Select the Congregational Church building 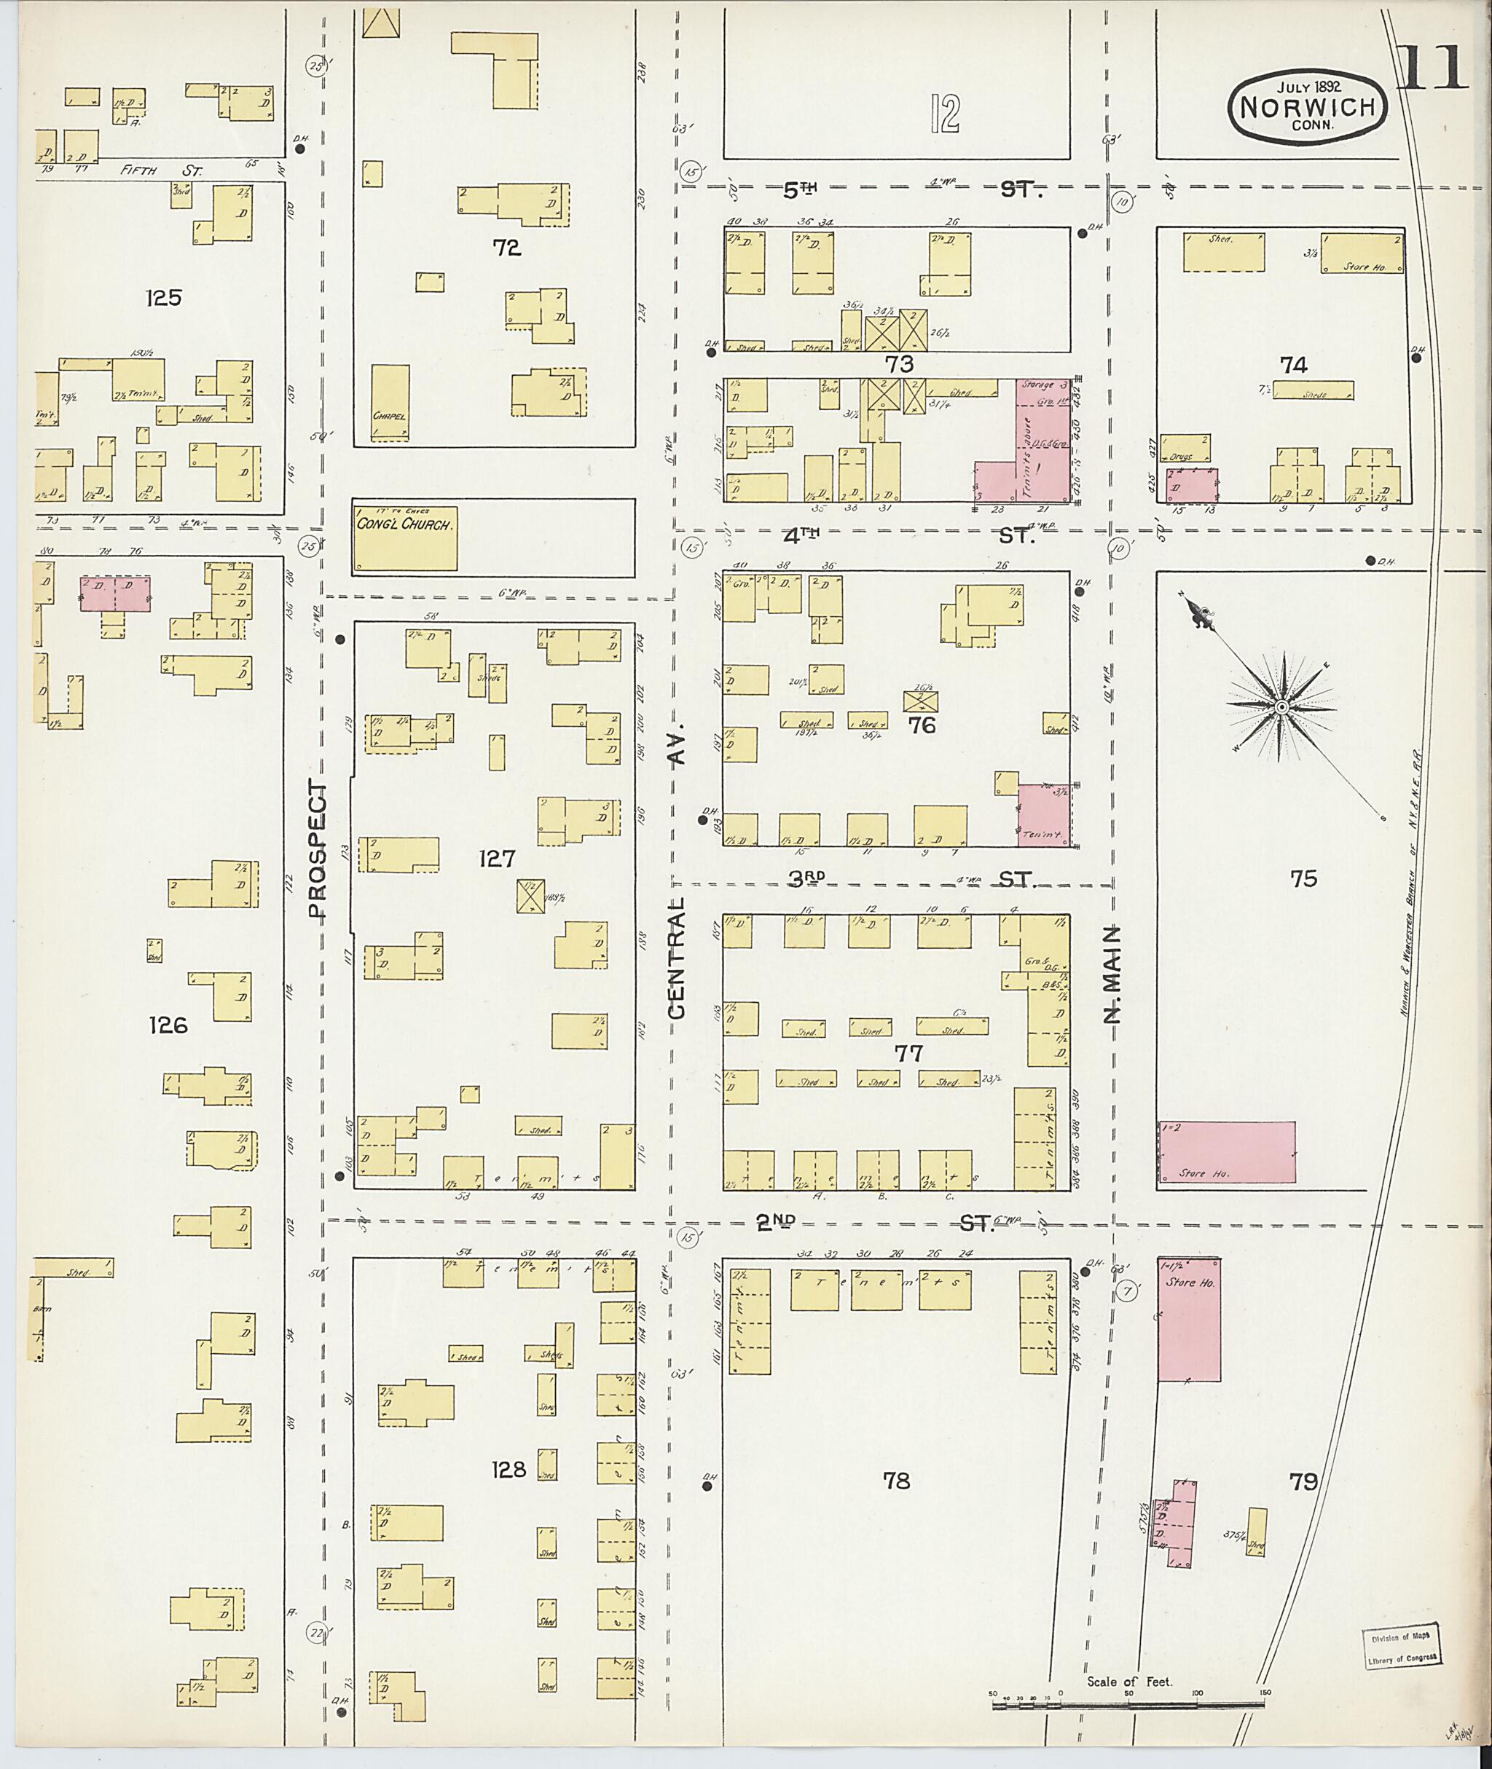(x=405, y=537)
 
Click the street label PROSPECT (x=316, y=849)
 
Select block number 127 (x=497, y=859)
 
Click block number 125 (x=163, y=298)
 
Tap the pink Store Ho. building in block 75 (x=1225, y=1151)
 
